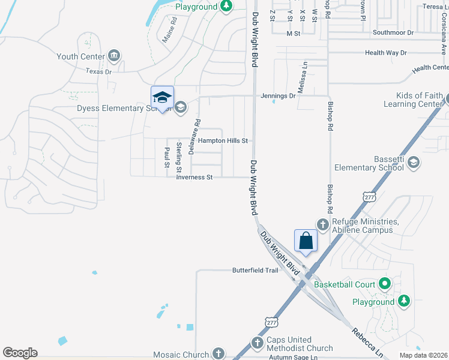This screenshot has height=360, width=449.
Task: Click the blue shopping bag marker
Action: click(x=306, y=241)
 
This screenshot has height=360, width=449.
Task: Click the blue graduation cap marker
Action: click(x=162, y=97)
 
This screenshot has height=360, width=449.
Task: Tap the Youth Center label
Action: click(x=80, y=56)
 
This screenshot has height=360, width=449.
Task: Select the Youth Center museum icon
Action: click(x=114, y=56)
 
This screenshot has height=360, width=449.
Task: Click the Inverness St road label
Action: click(x=194, y=177)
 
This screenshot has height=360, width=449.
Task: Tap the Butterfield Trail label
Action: click(x=255, y=271)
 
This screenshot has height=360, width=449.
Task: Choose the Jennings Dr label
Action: click(x=278, y=95)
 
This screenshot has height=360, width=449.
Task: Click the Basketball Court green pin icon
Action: click(x=385, y=284)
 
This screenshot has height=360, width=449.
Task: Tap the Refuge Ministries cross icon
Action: click(x=323, y=224)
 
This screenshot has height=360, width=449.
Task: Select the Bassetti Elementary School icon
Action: click(x=413, y=163)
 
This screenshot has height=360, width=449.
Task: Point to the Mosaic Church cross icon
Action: click(x=218, y=354)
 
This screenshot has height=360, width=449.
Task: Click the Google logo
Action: click(x=20, y=353)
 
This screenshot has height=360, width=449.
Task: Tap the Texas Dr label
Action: click(x=99, y=71)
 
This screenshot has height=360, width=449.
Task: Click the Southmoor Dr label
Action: click(x=393, y=32)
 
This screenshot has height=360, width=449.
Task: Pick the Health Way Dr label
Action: click(x=386, y=53)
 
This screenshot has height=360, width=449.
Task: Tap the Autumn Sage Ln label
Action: click(x=293, y=357)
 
